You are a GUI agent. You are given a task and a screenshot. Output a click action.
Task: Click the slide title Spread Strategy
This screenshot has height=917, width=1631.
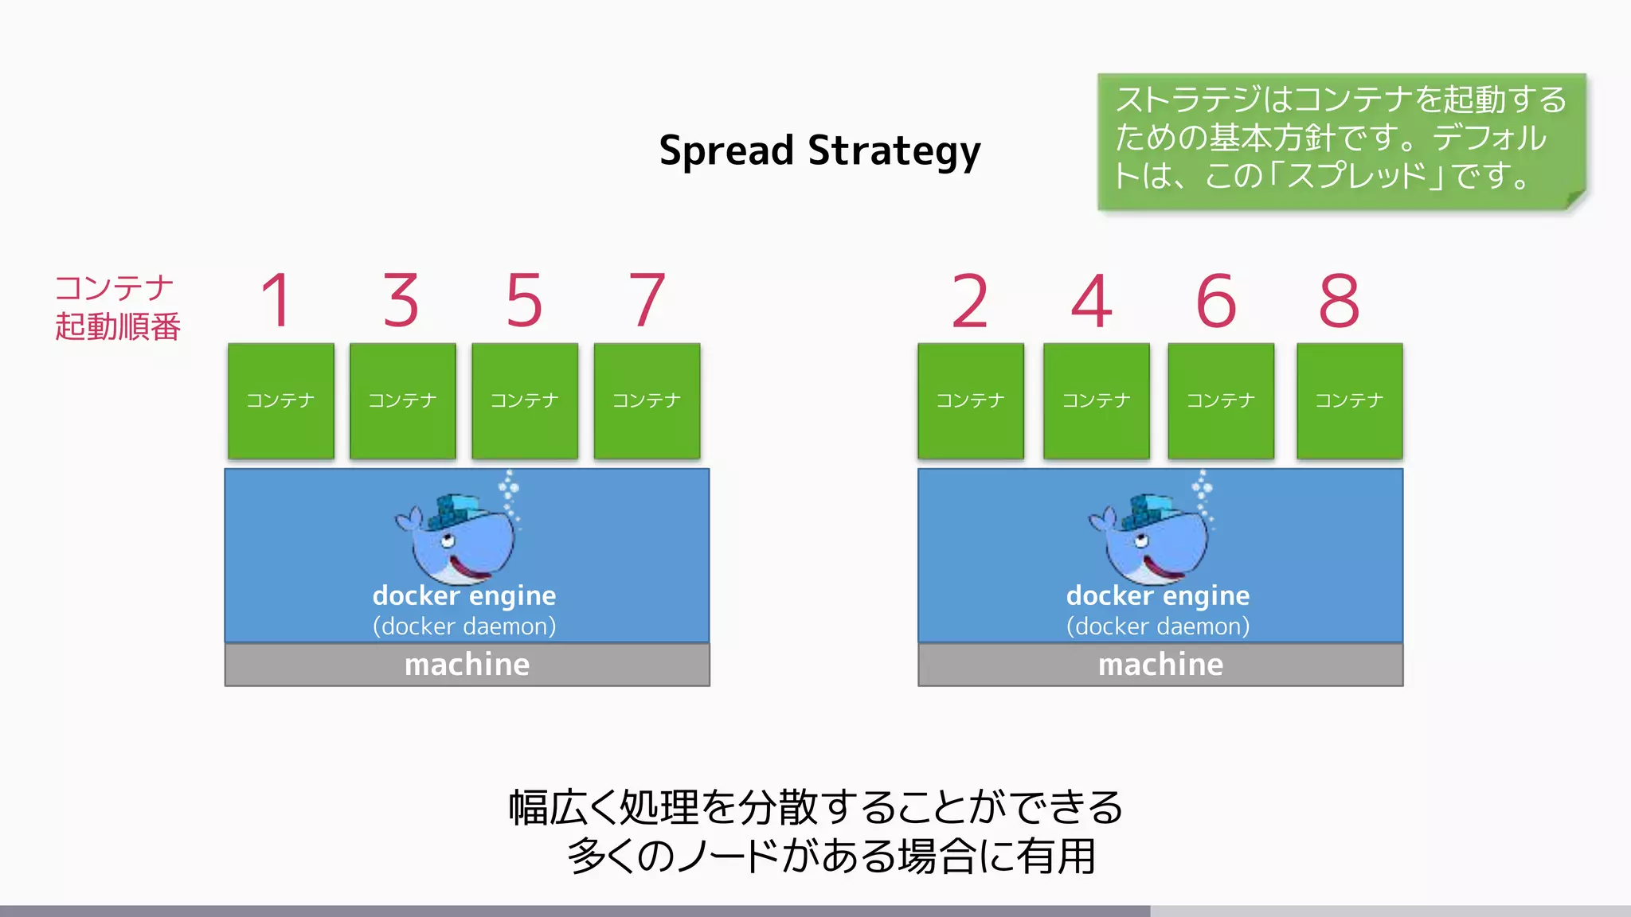click(819, 150)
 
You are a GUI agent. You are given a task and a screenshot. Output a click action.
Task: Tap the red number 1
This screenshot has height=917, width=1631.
click(277, 300)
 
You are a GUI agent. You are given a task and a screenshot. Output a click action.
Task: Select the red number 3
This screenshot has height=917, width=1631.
click(401, 300)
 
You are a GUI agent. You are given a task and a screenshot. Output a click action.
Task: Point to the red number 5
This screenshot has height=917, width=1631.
click(524, 300)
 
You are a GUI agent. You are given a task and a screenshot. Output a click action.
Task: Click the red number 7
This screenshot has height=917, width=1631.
click(647, 300)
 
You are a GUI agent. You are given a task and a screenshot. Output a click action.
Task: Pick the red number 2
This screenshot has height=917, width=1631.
click(969, 301)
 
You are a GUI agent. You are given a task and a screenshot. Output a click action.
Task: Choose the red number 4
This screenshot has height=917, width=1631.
click(1092, 301)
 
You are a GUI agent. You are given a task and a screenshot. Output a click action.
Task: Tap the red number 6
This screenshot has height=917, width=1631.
click(1216, 301)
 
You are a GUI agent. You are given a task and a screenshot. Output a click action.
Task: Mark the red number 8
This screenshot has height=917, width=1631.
click(1340, 301)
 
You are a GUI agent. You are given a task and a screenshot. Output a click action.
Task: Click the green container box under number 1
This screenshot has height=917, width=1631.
click(280, 400)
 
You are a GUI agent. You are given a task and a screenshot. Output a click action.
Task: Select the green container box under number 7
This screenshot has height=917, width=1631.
click(647, 400)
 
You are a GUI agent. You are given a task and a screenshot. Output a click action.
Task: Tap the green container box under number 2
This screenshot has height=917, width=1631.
click(970, 400)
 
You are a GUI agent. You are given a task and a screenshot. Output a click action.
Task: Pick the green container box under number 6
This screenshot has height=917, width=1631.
click(1220, 400)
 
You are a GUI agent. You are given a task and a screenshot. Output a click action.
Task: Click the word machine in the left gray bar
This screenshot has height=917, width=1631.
click(467, 665)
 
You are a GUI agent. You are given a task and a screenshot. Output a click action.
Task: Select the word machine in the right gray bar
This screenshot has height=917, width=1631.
click(1160, 665)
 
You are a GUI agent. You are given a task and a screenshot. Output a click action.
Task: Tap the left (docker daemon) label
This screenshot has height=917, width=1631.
click(464, 626)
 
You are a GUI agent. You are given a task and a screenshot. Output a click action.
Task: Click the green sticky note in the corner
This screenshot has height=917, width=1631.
click(1340, 141)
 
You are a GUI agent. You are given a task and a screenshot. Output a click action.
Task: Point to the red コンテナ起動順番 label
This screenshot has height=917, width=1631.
click(117, 307)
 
